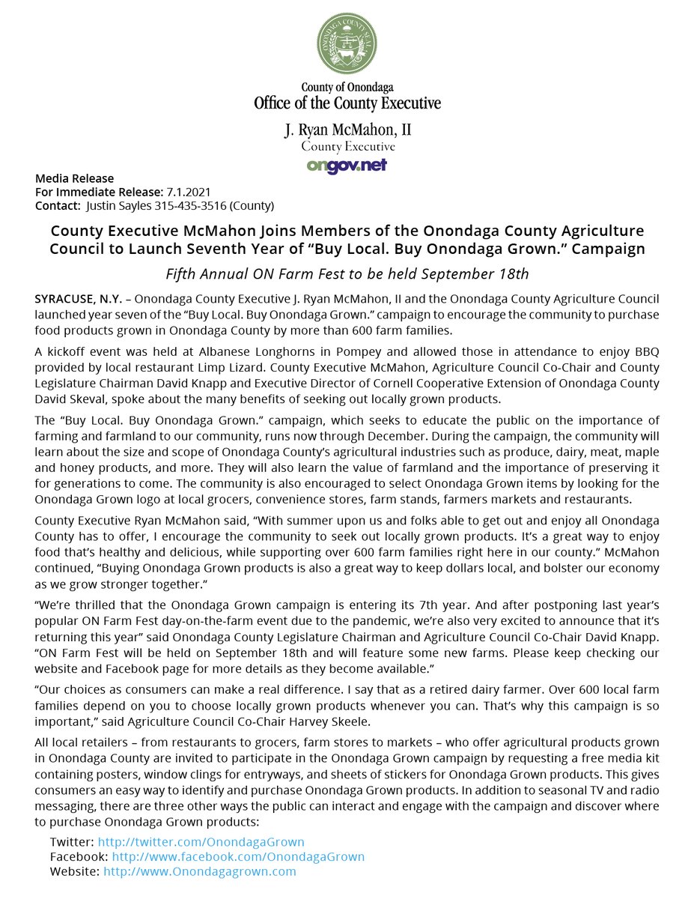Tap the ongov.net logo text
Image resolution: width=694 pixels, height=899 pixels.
pos(347,166)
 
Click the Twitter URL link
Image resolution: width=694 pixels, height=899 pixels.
pos(201,842)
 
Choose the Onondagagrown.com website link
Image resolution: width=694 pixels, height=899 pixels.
pos(200,871)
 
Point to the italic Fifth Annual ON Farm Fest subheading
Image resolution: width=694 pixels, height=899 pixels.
pos(347,273)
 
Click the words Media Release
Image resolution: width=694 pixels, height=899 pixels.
pos(75,178)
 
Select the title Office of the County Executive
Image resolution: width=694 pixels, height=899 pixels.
pos(347,103)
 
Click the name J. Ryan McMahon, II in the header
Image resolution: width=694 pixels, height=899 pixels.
pos(347,130)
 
